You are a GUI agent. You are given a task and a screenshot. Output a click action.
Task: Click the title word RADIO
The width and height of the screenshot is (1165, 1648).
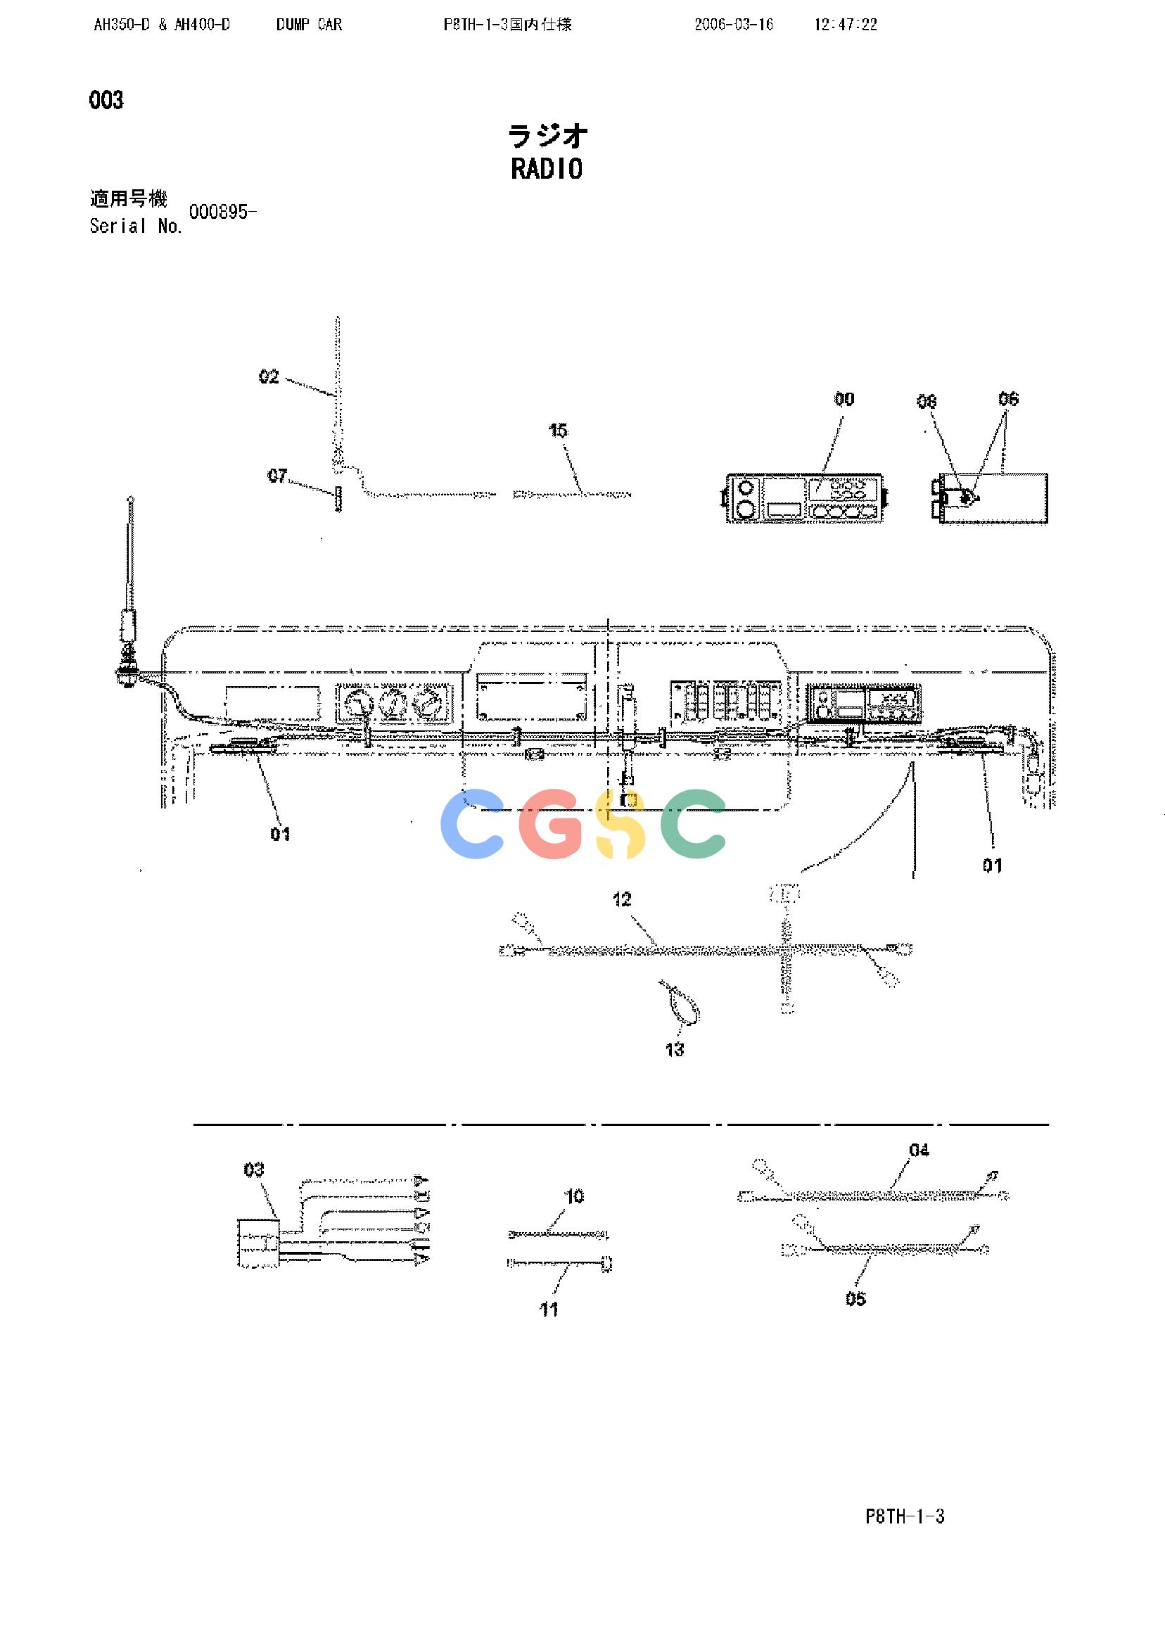pyautogui.click(x=546, y=170)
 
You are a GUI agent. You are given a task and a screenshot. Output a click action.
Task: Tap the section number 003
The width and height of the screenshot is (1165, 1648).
pyautogui.click(x=106, y=100)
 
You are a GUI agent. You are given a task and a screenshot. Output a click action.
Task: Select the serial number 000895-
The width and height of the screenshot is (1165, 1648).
pyautogui.click(x=222, y=212)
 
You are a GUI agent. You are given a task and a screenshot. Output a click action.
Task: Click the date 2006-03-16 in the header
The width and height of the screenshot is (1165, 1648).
pyautogui.click(x=734, y=25)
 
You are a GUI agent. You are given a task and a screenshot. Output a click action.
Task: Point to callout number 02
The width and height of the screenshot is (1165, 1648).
pyautogui.click(x=269, y=377)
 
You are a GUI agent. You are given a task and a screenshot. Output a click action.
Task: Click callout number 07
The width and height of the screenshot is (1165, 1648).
pyautogui.click(x=277, y=475)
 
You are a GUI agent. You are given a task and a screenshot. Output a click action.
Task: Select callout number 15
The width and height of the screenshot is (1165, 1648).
pyautogui.click(x=558, y=430)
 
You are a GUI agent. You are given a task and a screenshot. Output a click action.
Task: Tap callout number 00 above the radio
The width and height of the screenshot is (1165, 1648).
pyautogui.click(x=844, y=399)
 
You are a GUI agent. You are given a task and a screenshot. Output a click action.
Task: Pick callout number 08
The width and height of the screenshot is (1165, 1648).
pyautogui.click(x=927, y=401)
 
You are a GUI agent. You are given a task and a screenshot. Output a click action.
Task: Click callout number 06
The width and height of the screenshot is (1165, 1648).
pyautogui.click(x=1009, y=399)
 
